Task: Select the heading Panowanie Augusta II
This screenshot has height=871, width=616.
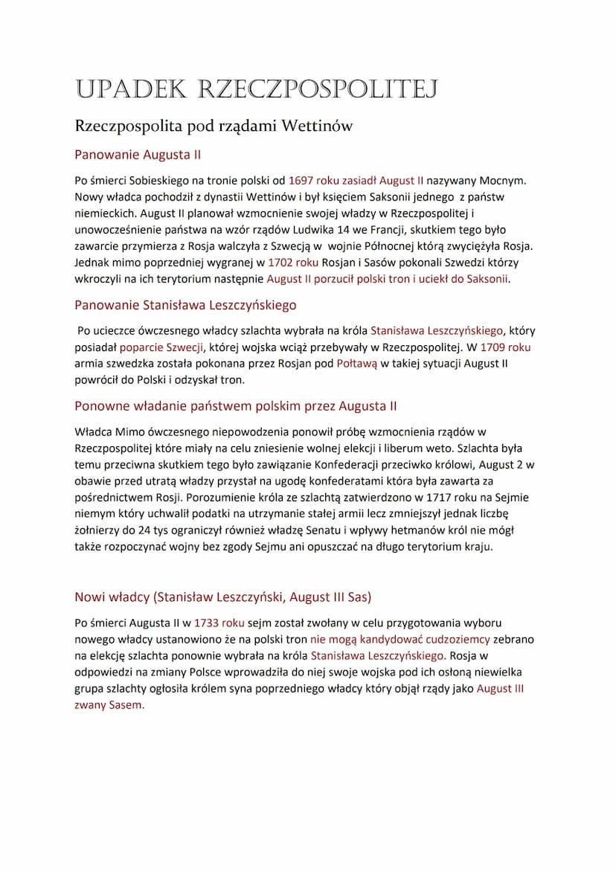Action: click(138, 155)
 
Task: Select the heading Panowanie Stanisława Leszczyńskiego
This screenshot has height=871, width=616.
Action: click(185, 305)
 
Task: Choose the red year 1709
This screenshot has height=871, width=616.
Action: click(493, 347)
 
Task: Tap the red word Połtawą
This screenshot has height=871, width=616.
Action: click(357, 363)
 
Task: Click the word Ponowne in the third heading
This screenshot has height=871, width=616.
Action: click(100, 406)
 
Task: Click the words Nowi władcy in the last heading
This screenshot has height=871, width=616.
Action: click(112, 597)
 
